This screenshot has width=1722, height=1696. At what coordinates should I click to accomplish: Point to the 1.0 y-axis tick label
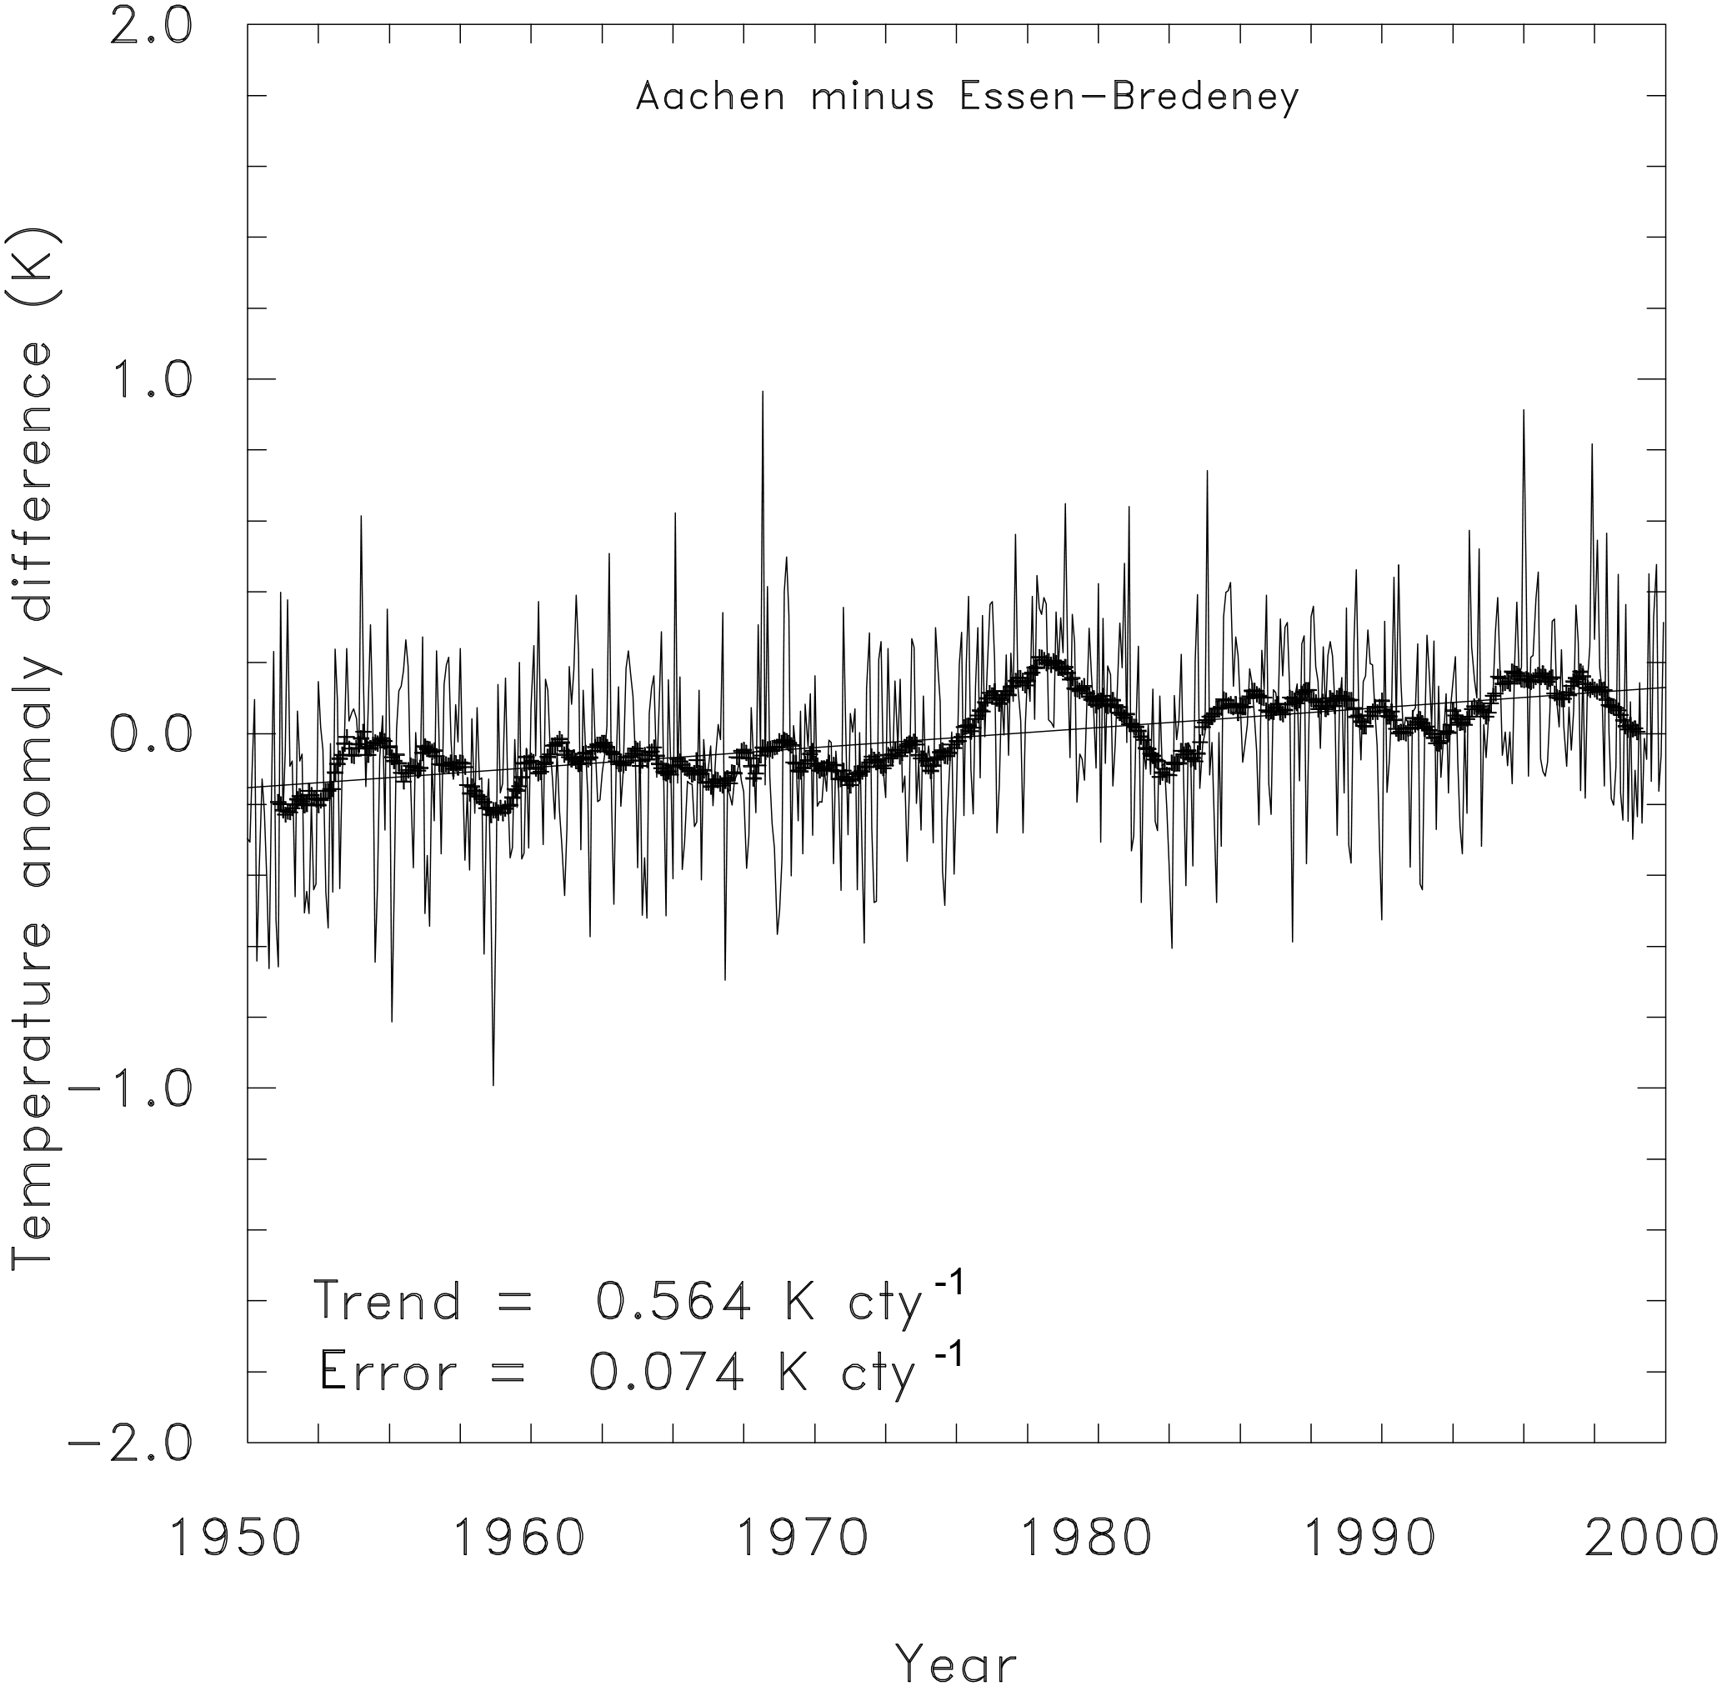pos(150,380)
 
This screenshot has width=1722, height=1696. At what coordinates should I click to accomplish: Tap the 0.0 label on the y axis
pos(150,735)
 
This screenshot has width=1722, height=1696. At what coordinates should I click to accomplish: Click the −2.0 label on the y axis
pos(131,1442)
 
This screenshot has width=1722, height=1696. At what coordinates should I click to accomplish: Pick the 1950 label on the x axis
pos(234,1538)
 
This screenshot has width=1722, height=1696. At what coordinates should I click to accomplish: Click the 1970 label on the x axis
pos(802,1538)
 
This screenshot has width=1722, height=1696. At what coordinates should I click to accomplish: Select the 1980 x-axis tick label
pos(1085,1538)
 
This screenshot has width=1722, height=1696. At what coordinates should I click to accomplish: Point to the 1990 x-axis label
pos(1369,1538)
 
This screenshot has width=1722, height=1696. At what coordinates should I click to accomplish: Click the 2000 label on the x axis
pos(1650,1538)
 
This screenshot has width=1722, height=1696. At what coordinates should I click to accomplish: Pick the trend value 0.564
pos(673,1303)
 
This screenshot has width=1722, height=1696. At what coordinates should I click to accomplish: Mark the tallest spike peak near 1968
pos(763,392)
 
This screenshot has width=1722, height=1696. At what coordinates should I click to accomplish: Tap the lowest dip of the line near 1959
pos(493,1084)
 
